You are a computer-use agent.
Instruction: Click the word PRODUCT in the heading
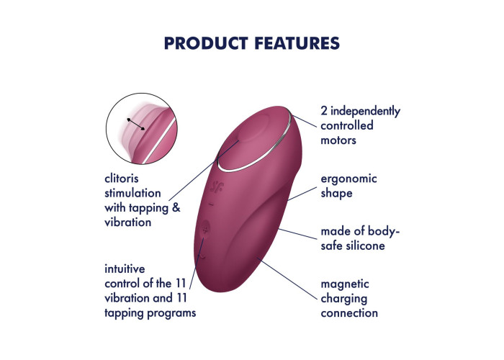coord(206,43)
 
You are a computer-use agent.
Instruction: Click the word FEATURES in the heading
coord(297,43)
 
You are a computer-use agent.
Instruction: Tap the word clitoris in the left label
coord(122,179)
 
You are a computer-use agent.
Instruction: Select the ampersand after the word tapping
coord(176,207)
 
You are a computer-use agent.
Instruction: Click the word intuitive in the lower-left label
coord(125,269)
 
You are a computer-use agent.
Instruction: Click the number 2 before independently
coord(324,111)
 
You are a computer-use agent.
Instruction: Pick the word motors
coord(338,140)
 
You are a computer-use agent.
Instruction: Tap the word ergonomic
coord(348,179)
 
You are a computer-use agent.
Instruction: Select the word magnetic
coord(345,284)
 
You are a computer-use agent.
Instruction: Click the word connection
coord(349,313)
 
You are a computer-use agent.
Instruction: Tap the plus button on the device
coord(205,229)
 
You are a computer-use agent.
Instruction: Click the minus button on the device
coord(211,204)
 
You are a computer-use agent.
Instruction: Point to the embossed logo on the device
coord(216,186)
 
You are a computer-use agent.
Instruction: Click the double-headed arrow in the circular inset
coord(135,125)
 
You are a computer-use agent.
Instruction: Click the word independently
coord(366,111)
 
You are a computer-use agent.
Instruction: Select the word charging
coord(344,299)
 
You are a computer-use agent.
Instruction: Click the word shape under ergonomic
coord(336,194)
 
